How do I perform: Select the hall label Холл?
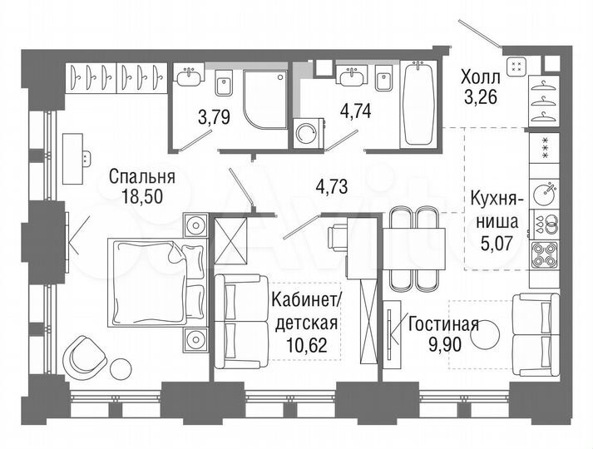481,79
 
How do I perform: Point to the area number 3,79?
214,117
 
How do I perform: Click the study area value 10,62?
304,343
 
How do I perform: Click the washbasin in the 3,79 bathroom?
189,76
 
